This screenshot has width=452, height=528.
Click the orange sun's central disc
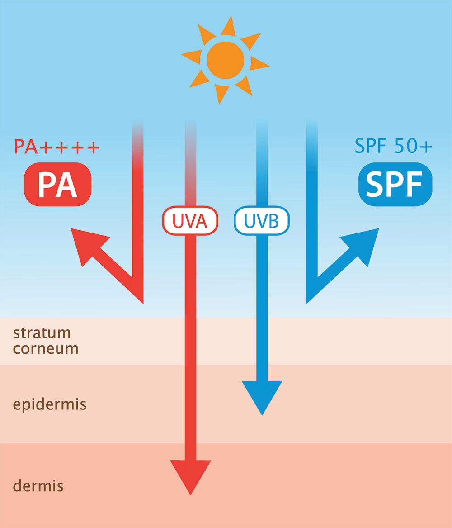tap(225, 60)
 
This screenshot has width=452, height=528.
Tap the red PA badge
tap(57, 184)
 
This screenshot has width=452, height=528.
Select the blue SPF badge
tap(395, 184)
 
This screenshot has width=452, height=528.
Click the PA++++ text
tap(56, 147)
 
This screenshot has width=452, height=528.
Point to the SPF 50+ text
tap(393, 147)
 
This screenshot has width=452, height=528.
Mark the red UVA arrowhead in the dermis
tap(190, 475)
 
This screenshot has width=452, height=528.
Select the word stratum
tap(42, 333)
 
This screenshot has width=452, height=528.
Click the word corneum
tap(46, 349)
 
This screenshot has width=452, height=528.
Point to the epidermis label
tap(49, 404)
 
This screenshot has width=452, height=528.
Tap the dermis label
tap(38, 486)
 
